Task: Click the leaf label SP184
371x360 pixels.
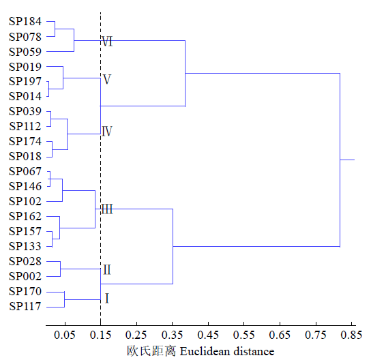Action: click(x=25, y=21)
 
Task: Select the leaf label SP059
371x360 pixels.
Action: click(x=25, y=52)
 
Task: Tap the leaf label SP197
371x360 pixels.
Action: click(x=25, y=81)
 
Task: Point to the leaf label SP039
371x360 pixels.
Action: click(x=25, y=111)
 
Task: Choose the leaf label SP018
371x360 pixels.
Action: click(x=25, y=156)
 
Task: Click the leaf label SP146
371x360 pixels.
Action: click(x=25, y=186)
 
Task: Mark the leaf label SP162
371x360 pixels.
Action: click(x=25, y=216)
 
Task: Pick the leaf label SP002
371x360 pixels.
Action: click(x=25, y=276)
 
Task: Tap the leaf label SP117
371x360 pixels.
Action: click(x=25, y=306)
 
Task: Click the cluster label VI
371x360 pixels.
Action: click(x=107, y=42)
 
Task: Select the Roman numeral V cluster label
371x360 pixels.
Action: click(x=107, y=79)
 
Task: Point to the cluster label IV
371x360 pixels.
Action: click(x=107, y=132)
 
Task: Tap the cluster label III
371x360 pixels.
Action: click(x=107, y=209)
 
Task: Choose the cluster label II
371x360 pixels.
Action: click(x=107, y=269)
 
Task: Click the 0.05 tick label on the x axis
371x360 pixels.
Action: click(x=65, y=335)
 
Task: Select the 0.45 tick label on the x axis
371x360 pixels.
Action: click(x=208, y=335)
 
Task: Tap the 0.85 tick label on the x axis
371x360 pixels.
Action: click(x=351, y=335)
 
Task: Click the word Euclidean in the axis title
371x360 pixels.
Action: click(x=205, y=351)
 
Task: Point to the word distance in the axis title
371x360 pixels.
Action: click(x=254, y=351)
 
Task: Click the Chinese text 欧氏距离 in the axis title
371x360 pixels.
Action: click(x=151, y=351)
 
